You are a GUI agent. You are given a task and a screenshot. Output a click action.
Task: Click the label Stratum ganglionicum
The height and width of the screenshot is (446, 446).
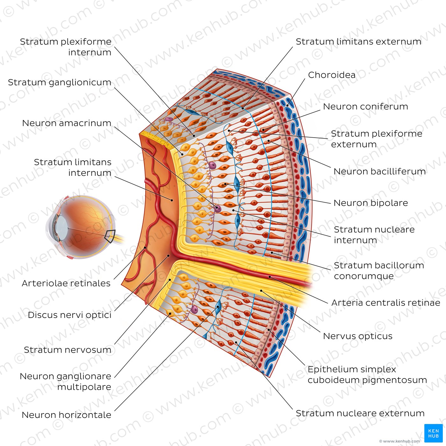(x=60, y=83)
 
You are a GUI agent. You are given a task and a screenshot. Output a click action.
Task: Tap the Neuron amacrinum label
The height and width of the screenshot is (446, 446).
(x=67, y=123)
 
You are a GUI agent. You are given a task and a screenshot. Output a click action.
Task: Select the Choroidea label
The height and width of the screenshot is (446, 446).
(x=332, y=75)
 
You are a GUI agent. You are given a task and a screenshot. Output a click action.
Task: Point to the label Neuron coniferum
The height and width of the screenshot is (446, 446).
(x=365, y=107)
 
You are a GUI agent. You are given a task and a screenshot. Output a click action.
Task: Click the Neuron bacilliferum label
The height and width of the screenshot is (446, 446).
(x=379, y=171)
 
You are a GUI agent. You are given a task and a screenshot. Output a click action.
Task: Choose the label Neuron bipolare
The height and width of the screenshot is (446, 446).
(x=370, y=203)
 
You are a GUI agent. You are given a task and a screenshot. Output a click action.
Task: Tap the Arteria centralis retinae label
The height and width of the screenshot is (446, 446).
(x=385, y=303)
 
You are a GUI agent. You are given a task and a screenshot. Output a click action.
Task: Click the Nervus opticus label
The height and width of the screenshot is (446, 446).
(x=357, y=336)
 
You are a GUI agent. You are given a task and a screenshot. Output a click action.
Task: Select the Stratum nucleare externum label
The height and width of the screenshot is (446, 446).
(x=360, y=413)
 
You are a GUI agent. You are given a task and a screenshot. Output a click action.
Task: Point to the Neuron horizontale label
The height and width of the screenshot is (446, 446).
(x=66, y=415)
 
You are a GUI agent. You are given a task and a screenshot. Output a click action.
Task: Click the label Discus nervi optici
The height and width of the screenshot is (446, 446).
(x=69, y=315)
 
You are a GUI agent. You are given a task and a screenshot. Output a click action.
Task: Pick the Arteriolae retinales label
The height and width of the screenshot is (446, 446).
(x=66, y=283)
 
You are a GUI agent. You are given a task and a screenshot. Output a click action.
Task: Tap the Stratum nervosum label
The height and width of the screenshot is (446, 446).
(x=68, y=350)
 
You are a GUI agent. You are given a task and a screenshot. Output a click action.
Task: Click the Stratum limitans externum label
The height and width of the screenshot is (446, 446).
(x=358, y=42)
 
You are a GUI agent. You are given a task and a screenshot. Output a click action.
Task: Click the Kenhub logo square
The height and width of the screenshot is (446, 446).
(x=433, y=433)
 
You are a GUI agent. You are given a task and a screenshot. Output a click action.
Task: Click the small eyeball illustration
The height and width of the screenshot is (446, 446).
(x=81, y=226)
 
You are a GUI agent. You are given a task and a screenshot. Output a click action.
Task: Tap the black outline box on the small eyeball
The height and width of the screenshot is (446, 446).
(x=110, y=236)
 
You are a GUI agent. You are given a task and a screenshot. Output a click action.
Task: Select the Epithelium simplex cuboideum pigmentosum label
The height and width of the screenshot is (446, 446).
(x=367, y=375)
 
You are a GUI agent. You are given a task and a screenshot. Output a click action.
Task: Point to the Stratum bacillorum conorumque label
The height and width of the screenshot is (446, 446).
(x=379, y=270)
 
